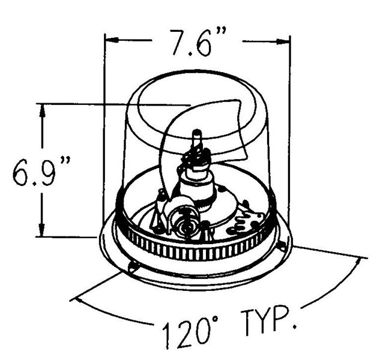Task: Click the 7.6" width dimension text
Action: (x=198, y=43)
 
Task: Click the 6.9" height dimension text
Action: (x=41, y=170)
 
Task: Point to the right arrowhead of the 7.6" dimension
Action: (x=283, y=42)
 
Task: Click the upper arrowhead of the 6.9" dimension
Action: (x=42, y=111)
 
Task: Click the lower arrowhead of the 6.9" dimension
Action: (x=42, y=229)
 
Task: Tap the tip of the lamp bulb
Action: (x=197, y=132)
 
